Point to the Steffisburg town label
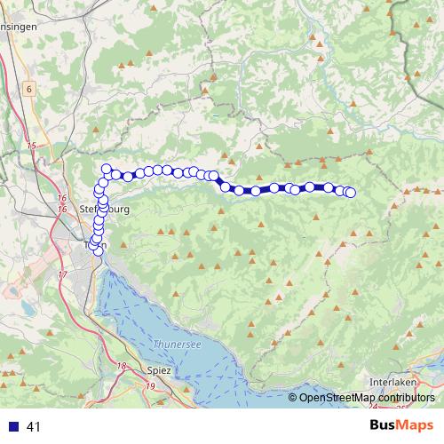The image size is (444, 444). pos(105,210)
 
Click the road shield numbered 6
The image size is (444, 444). pos(29,89)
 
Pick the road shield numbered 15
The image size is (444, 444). pos(32,145)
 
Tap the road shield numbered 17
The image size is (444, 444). pos(62,274)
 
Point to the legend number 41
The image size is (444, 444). pos(35,427)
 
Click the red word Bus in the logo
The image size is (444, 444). pos(382,426)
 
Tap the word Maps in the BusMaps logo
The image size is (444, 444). pos(416,426)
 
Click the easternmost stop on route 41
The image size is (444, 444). pos(350,193)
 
